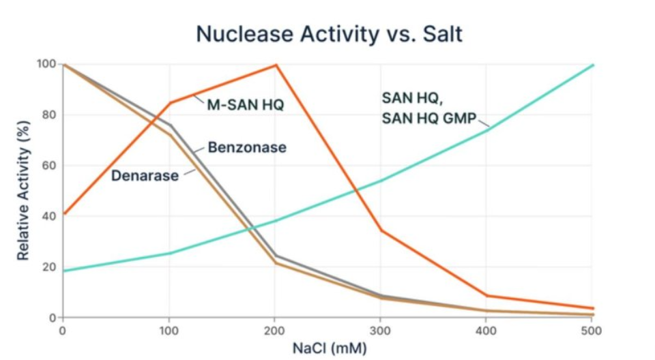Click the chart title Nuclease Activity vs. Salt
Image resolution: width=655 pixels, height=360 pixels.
(x=329, y=33)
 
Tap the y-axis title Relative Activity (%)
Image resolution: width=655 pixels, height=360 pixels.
(x=23, y=190)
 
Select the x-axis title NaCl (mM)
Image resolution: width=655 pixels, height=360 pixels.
(x=330, y=348)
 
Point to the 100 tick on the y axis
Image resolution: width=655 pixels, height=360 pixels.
(x=46, y=64)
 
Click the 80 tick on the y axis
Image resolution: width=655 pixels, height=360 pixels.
(x=48, y=115)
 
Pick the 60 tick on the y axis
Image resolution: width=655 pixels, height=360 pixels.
(x=48, y=166)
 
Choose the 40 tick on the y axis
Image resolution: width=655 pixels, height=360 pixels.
(x=48, y=216)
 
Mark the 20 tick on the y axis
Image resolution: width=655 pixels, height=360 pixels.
(x=48, y=267)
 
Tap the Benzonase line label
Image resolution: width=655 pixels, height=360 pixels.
(x=247, y=147)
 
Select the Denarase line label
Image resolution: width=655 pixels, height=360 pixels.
(x=145, y=176)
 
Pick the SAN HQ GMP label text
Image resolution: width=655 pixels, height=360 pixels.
(x=428, y=118)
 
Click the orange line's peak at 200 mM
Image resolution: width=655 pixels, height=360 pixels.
(x=276, y=65)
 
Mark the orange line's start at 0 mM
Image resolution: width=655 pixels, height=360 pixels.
(x=63, y=213)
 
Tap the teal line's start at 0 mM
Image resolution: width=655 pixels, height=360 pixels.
(x=63, y=271)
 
